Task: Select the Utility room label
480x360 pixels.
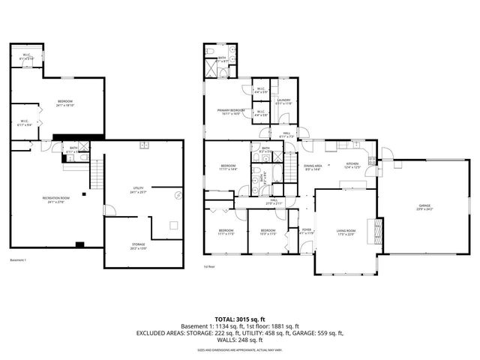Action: point(139,190)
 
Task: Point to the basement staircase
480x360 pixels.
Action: point(95,176)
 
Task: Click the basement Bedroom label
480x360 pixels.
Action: point(65,103)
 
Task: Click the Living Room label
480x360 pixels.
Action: point(344,233)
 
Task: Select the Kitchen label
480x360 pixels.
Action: point(352,166)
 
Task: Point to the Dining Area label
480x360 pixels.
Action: point(313,167)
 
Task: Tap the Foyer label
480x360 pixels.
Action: point(306,231)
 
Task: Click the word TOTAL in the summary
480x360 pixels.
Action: point(226,318)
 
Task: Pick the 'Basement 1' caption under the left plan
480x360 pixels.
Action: point(18,259)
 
